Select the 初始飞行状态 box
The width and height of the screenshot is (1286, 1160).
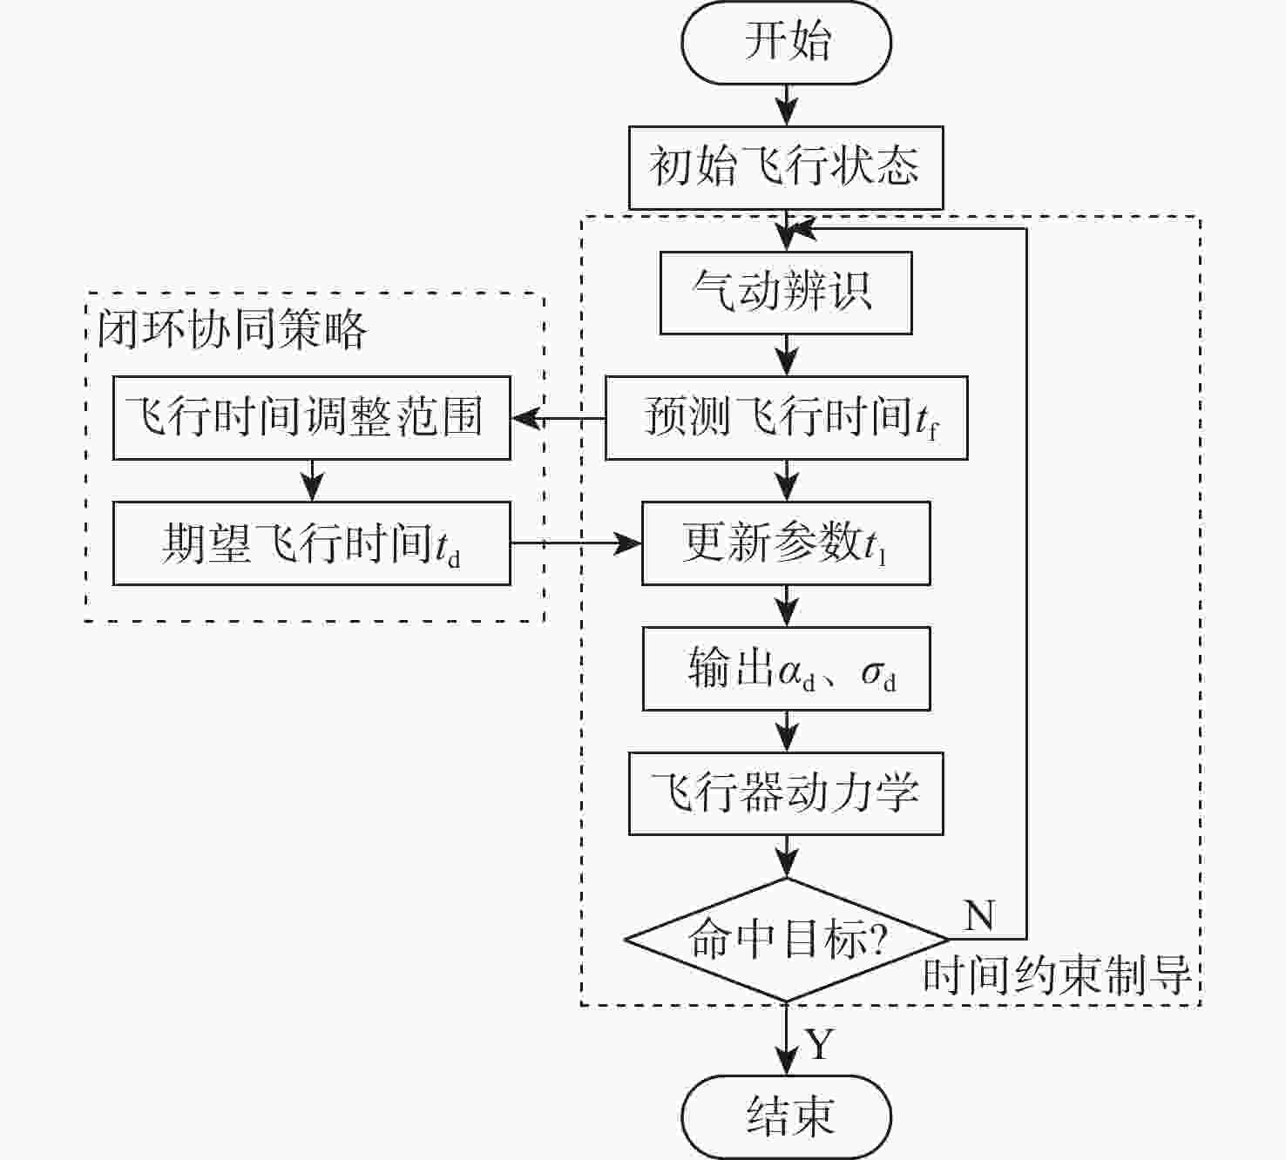[x=786, y=167]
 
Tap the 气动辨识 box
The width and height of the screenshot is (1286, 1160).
[x=786, y=293]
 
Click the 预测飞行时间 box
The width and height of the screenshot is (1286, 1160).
[x=786, y=418]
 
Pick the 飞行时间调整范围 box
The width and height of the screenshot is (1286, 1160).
[x=311, y=418]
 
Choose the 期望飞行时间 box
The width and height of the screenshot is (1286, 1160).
[x=311, y=543]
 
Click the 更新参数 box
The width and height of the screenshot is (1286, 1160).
[x=786, y=543]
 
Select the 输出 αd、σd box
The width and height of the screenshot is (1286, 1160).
[x=786, y=669]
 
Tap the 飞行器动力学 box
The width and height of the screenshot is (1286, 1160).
[x=786, y=793]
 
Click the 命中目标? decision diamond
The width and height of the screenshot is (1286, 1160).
[x=786, y=940]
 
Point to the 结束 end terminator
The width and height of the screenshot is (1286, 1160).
[x=786, y=1116]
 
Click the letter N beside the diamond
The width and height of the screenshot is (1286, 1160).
[x=979, y=915]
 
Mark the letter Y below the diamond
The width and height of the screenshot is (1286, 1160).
[x=820, y=1043]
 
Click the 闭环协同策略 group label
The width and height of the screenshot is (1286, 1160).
[x=232, y=330]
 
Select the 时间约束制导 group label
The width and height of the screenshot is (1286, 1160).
[x=1056, y=975]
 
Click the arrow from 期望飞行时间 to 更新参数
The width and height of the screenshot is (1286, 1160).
[x=575, y=543]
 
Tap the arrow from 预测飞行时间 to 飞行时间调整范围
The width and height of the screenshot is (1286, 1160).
[x=558, y=419]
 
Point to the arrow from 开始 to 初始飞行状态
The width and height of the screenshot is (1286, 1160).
[x=787, y=105]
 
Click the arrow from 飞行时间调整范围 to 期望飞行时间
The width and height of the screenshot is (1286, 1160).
[x=311, y=481]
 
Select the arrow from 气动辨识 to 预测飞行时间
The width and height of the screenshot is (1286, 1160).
[x=787, y=355]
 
